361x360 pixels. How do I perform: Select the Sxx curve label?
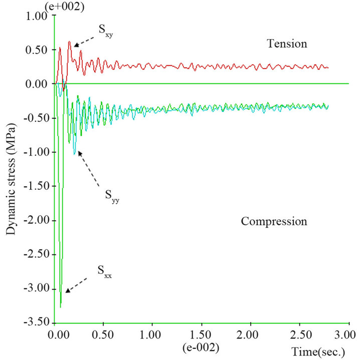coord(104,274)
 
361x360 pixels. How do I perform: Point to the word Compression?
coord(274,221)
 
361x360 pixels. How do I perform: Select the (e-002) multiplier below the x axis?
coord(202,346)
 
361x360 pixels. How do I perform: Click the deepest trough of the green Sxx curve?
coord(61,307)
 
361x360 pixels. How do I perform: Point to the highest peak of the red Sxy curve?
coord(70,42)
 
